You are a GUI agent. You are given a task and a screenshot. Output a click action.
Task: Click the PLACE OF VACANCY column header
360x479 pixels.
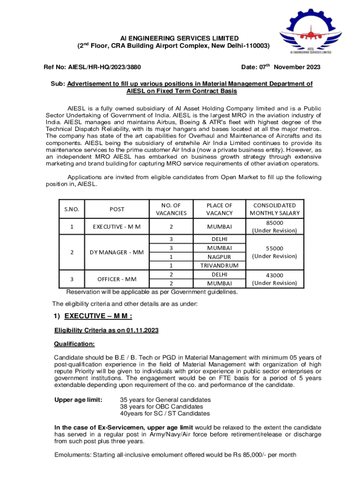pos(219,209)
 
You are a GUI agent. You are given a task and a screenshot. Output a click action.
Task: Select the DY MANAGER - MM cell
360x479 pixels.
pos(117,253)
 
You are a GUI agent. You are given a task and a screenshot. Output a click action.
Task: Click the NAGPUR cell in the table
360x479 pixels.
pos(219,257)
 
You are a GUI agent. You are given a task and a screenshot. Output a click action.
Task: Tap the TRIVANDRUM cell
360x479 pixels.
pos(219,265)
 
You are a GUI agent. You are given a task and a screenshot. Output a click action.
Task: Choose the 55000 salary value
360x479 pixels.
pos(274,248)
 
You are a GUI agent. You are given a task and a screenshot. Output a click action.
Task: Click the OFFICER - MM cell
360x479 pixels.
pos(117,279)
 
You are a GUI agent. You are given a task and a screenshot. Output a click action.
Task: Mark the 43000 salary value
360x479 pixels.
pos(274,275)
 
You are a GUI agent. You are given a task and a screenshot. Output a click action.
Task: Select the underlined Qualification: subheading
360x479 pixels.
pos(75,344)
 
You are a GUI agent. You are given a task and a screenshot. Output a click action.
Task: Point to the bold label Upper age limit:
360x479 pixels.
pos(79,400)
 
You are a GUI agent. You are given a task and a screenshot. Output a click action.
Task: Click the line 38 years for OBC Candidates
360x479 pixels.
pos(159,406)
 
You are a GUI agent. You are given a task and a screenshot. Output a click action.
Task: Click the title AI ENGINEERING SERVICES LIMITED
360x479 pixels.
pos(173,38)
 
